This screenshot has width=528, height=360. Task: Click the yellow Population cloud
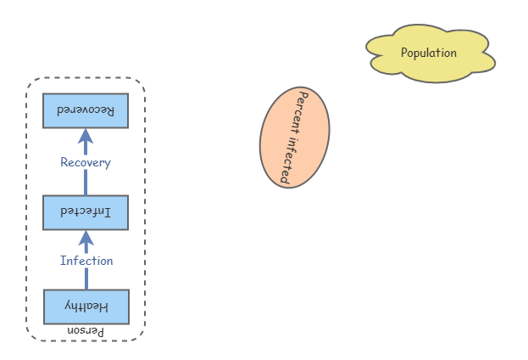[x=430, y=53]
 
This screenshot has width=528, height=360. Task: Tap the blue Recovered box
[x=86, y=111]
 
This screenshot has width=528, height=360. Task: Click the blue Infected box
[x=86, y=212]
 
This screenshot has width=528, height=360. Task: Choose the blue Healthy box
[x=86, y=307]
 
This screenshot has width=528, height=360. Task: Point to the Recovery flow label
[x=86, y=162]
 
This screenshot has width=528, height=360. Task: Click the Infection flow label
[x=86, y=261]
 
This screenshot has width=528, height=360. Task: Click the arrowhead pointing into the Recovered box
[x=86, y=137]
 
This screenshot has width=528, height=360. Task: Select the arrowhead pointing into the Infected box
[x=86, y=237]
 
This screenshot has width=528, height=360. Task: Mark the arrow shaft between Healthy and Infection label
[x=86, y=279]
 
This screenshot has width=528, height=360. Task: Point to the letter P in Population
[x=404, y=53]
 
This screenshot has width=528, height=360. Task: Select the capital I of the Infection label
[x=63, y=261]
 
